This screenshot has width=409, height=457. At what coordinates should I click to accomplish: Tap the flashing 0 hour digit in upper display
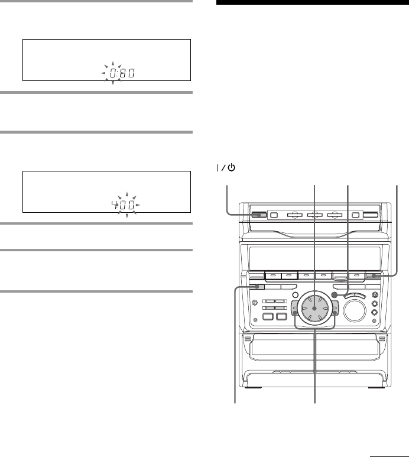pos(113,73)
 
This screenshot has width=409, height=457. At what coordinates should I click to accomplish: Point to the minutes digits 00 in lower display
pos(127,205)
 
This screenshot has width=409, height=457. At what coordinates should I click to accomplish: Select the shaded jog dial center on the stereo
pos(314,308)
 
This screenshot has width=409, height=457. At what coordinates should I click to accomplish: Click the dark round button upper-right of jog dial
pos(335,295)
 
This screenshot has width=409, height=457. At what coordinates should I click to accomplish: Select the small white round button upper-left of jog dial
pos(295,295)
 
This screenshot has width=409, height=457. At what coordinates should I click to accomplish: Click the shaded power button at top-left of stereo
pos(259,215)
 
